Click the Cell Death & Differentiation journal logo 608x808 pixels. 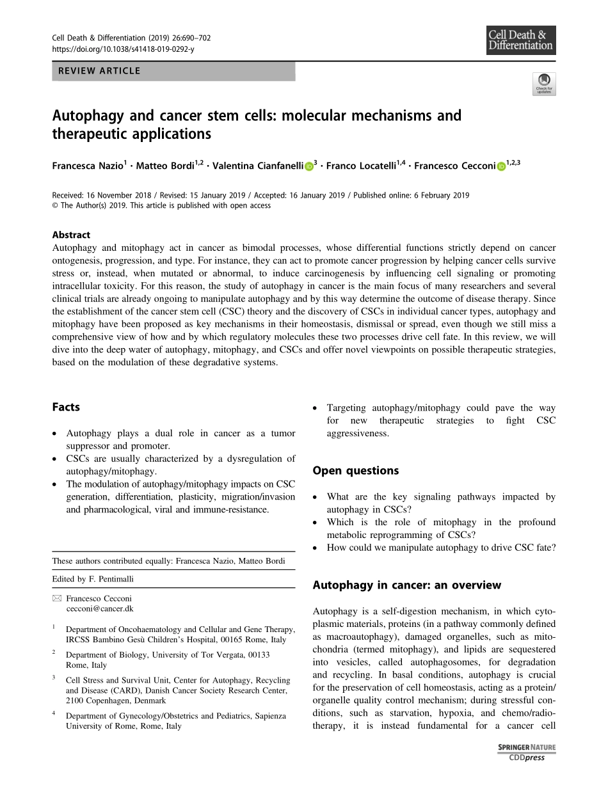520,40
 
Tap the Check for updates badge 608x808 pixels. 544,84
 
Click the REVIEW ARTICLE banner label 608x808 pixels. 99,71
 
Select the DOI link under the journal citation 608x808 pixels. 123,49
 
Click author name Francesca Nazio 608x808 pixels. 88,166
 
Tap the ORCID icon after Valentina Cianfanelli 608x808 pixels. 308,166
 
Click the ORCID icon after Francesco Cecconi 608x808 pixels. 501,166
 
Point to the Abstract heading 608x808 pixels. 71,235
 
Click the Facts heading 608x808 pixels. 66,407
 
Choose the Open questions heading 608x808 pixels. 355,470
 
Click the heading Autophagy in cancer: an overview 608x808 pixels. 406,585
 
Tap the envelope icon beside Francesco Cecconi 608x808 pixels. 57,598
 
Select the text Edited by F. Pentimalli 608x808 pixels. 93,579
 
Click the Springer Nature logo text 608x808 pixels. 527,747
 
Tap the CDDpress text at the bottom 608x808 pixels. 527,757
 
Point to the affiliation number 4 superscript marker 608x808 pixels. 54,713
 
